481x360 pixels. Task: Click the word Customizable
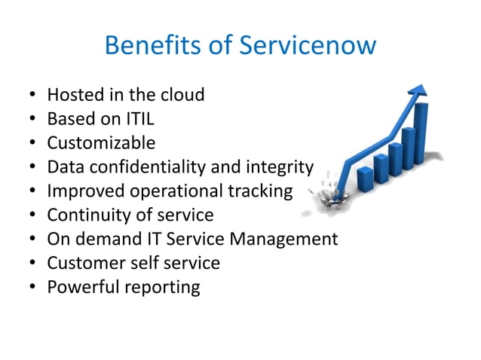[101, 143]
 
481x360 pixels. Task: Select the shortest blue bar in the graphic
[365, 178]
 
